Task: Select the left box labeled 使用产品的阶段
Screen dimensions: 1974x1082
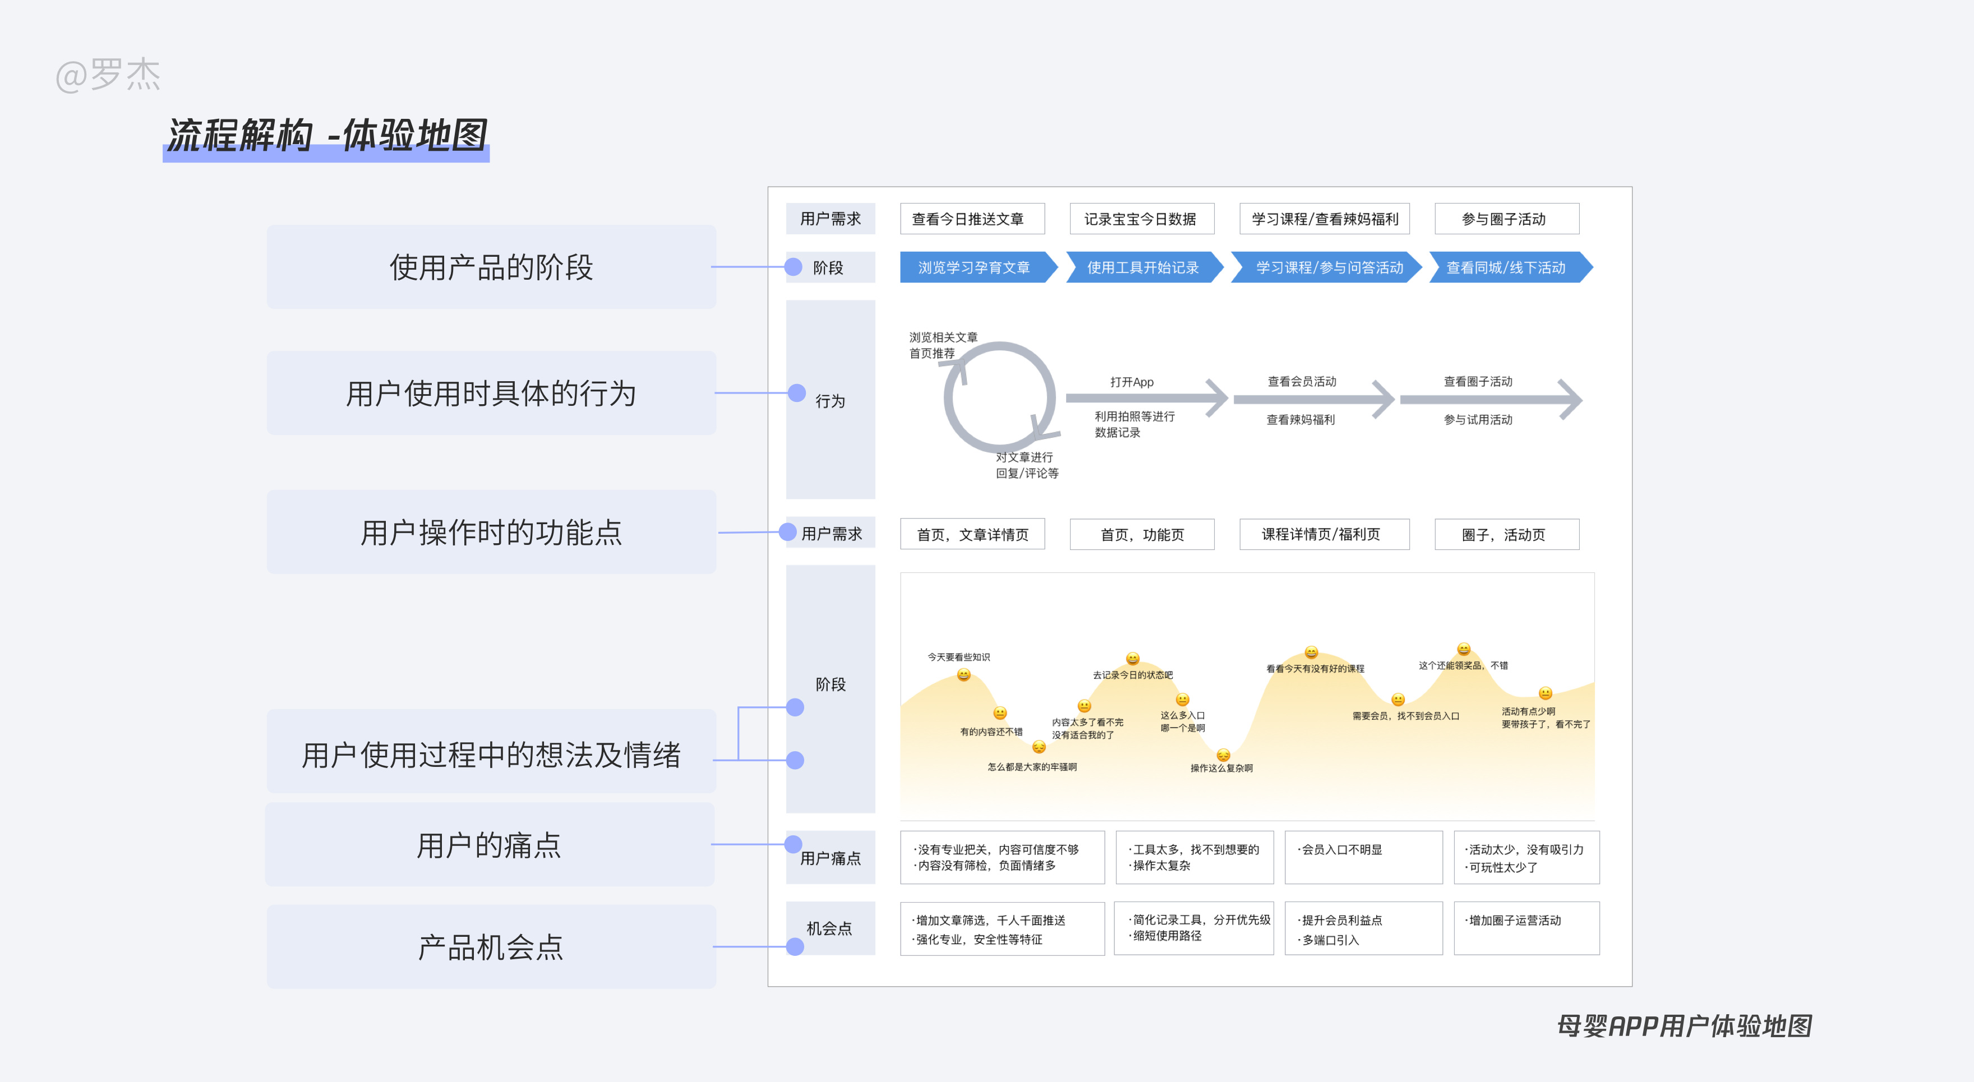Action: click(x=491, y=267)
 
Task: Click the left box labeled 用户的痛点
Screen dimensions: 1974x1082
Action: click(x=490, y=844)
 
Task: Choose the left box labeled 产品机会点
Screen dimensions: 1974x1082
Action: click(x=491, y=946)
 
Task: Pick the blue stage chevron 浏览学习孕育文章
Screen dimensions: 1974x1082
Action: click(x=974, y=267)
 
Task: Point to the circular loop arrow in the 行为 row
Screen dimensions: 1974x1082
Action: click(x=999, y=397)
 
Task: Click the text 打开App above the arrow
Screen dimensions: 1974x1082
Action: click(x=1132, y=382)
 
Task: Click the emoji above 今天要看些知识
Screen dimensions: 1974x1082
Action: click(x=964, y=675)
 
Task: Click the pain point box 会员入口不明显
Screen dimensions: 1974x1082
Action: click(x=1363, y=857)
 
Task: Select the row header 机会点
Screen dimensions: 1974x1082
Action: click(x=830, y=928)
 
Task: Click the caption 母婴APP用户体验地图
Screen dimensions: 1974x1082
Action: click(x=1684, y=1025)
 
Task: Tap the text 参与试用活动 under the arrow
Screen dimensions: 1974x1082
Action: click(x=1478, y=419)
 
